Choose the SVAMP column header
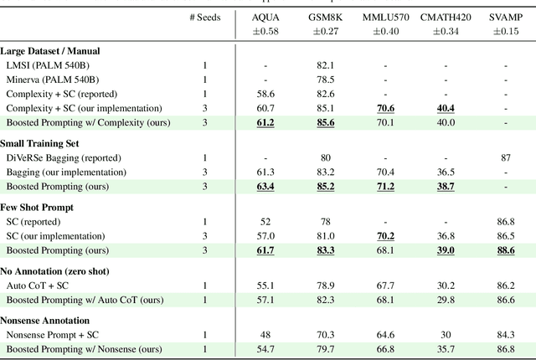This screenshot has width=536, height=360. [x=506, y=17]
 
